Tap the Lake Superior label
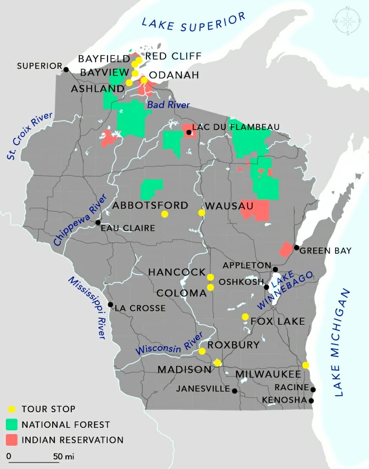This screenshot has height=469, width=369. coord(194,23)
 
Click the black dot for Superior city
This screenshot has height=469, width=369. coord(66,70)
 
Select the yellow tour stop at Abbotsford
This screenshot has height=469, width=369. coord(164,214)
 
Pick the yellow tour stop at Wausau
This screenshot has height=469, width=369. coord(201,213)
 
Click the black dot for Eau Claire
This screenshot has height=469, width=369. coord(98,223)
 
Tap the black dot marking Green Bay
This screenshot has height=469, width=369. coord(296,248)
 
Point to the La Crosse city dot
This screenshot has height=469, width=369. coord(110,305)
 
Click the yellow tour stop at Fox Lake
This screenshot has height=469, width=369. coord(245,316)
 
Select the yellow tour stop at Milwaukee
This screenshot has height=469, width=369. coord(306,365)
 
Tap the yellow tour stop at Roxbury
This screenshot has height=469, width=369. coord(202,351)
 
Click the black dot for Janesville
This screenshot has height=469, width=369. coord(234,391)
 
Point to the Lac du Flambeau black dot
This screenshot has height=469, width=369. coord(189,133)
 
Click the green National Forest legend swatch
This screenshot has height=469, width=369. coord(12,425)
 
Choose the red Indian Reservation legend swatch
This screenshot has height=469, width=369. coord(12,440)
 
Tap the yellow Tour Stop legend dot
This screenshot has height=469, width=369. coord(12,409)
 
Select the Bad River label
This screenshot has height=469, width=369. coord(168,105)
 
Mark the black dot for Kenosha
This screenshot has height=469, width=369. coord(311,401)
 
